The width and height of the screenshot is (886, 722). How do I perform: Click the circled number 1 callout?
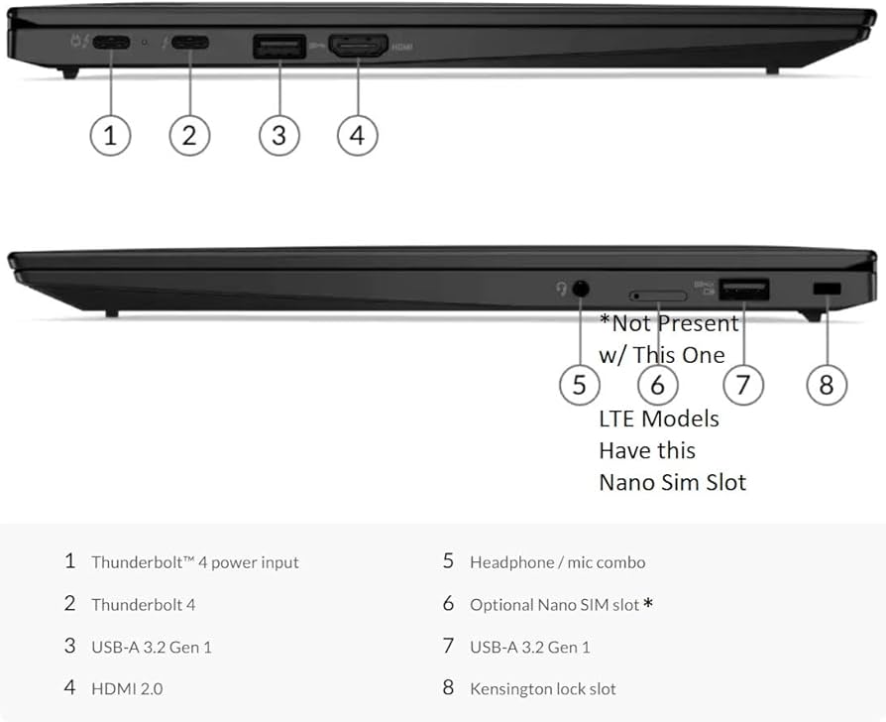tap(110, 135)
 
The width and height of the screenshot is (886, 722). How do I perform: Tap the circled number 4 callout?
tap(357, 135)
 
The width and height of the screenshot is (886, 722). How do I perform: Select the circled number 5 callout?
tap(580, 384)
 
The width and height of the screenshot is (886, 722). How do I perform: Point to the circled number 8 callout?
tap(827, 384)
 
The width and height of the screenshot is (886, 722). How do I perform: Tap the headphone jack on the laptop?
tap(580, 289)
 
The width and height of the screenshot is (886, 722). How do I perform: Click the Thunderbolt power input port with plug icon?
tap(110, 45)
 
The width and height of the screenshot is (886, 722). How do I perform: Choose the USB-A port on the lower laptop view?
tap(743, 290)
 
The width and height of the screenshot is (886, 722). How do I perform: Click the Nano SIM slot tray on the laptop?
tap(657, 296)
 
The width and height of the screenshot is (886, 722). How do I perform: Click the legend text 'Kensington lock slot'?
tap(542, 688)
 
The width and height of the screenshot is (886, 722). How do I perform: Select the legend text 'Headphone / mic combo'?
tap(557, 562)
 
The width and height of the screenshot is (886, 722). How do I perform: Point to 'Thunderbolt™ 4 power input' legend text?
tap(194, 562)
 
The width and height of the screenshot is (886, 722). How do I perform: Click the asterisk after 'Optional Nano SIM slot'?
tap(648, 603)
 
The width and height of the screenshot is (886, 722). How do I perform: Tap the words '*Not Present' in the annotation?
tap(669, 323)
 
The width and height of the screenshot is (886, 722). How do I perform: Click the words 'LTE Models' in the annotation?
tap(658, 419)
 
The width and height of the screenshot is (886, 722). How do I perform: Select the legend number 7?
tap(448, 646)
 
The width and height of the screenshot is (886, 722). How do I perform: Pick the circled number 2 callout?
tap(189, 135)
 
